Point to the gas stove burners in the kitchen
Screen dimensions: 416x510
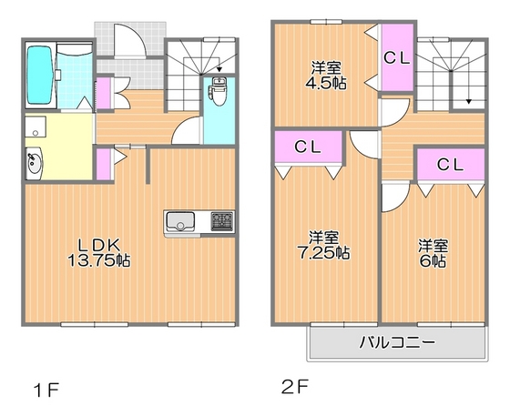pyautogui.click(x=221, y=220)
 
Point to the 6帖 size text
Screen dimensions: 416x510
pyautogui.click(x=432, y=261)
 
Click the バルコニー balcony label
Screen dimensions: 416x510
pyautogui.click(x=394, y=344)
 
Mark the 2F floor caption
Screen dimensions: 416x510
pyautogui.click(x=294, y=387)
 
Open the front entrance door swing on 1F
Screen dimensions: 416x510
pyautogui.click(x=130, y=42)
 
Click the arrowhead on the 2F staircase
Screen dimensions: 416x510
pyautogui.click(x=469, y=104)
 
